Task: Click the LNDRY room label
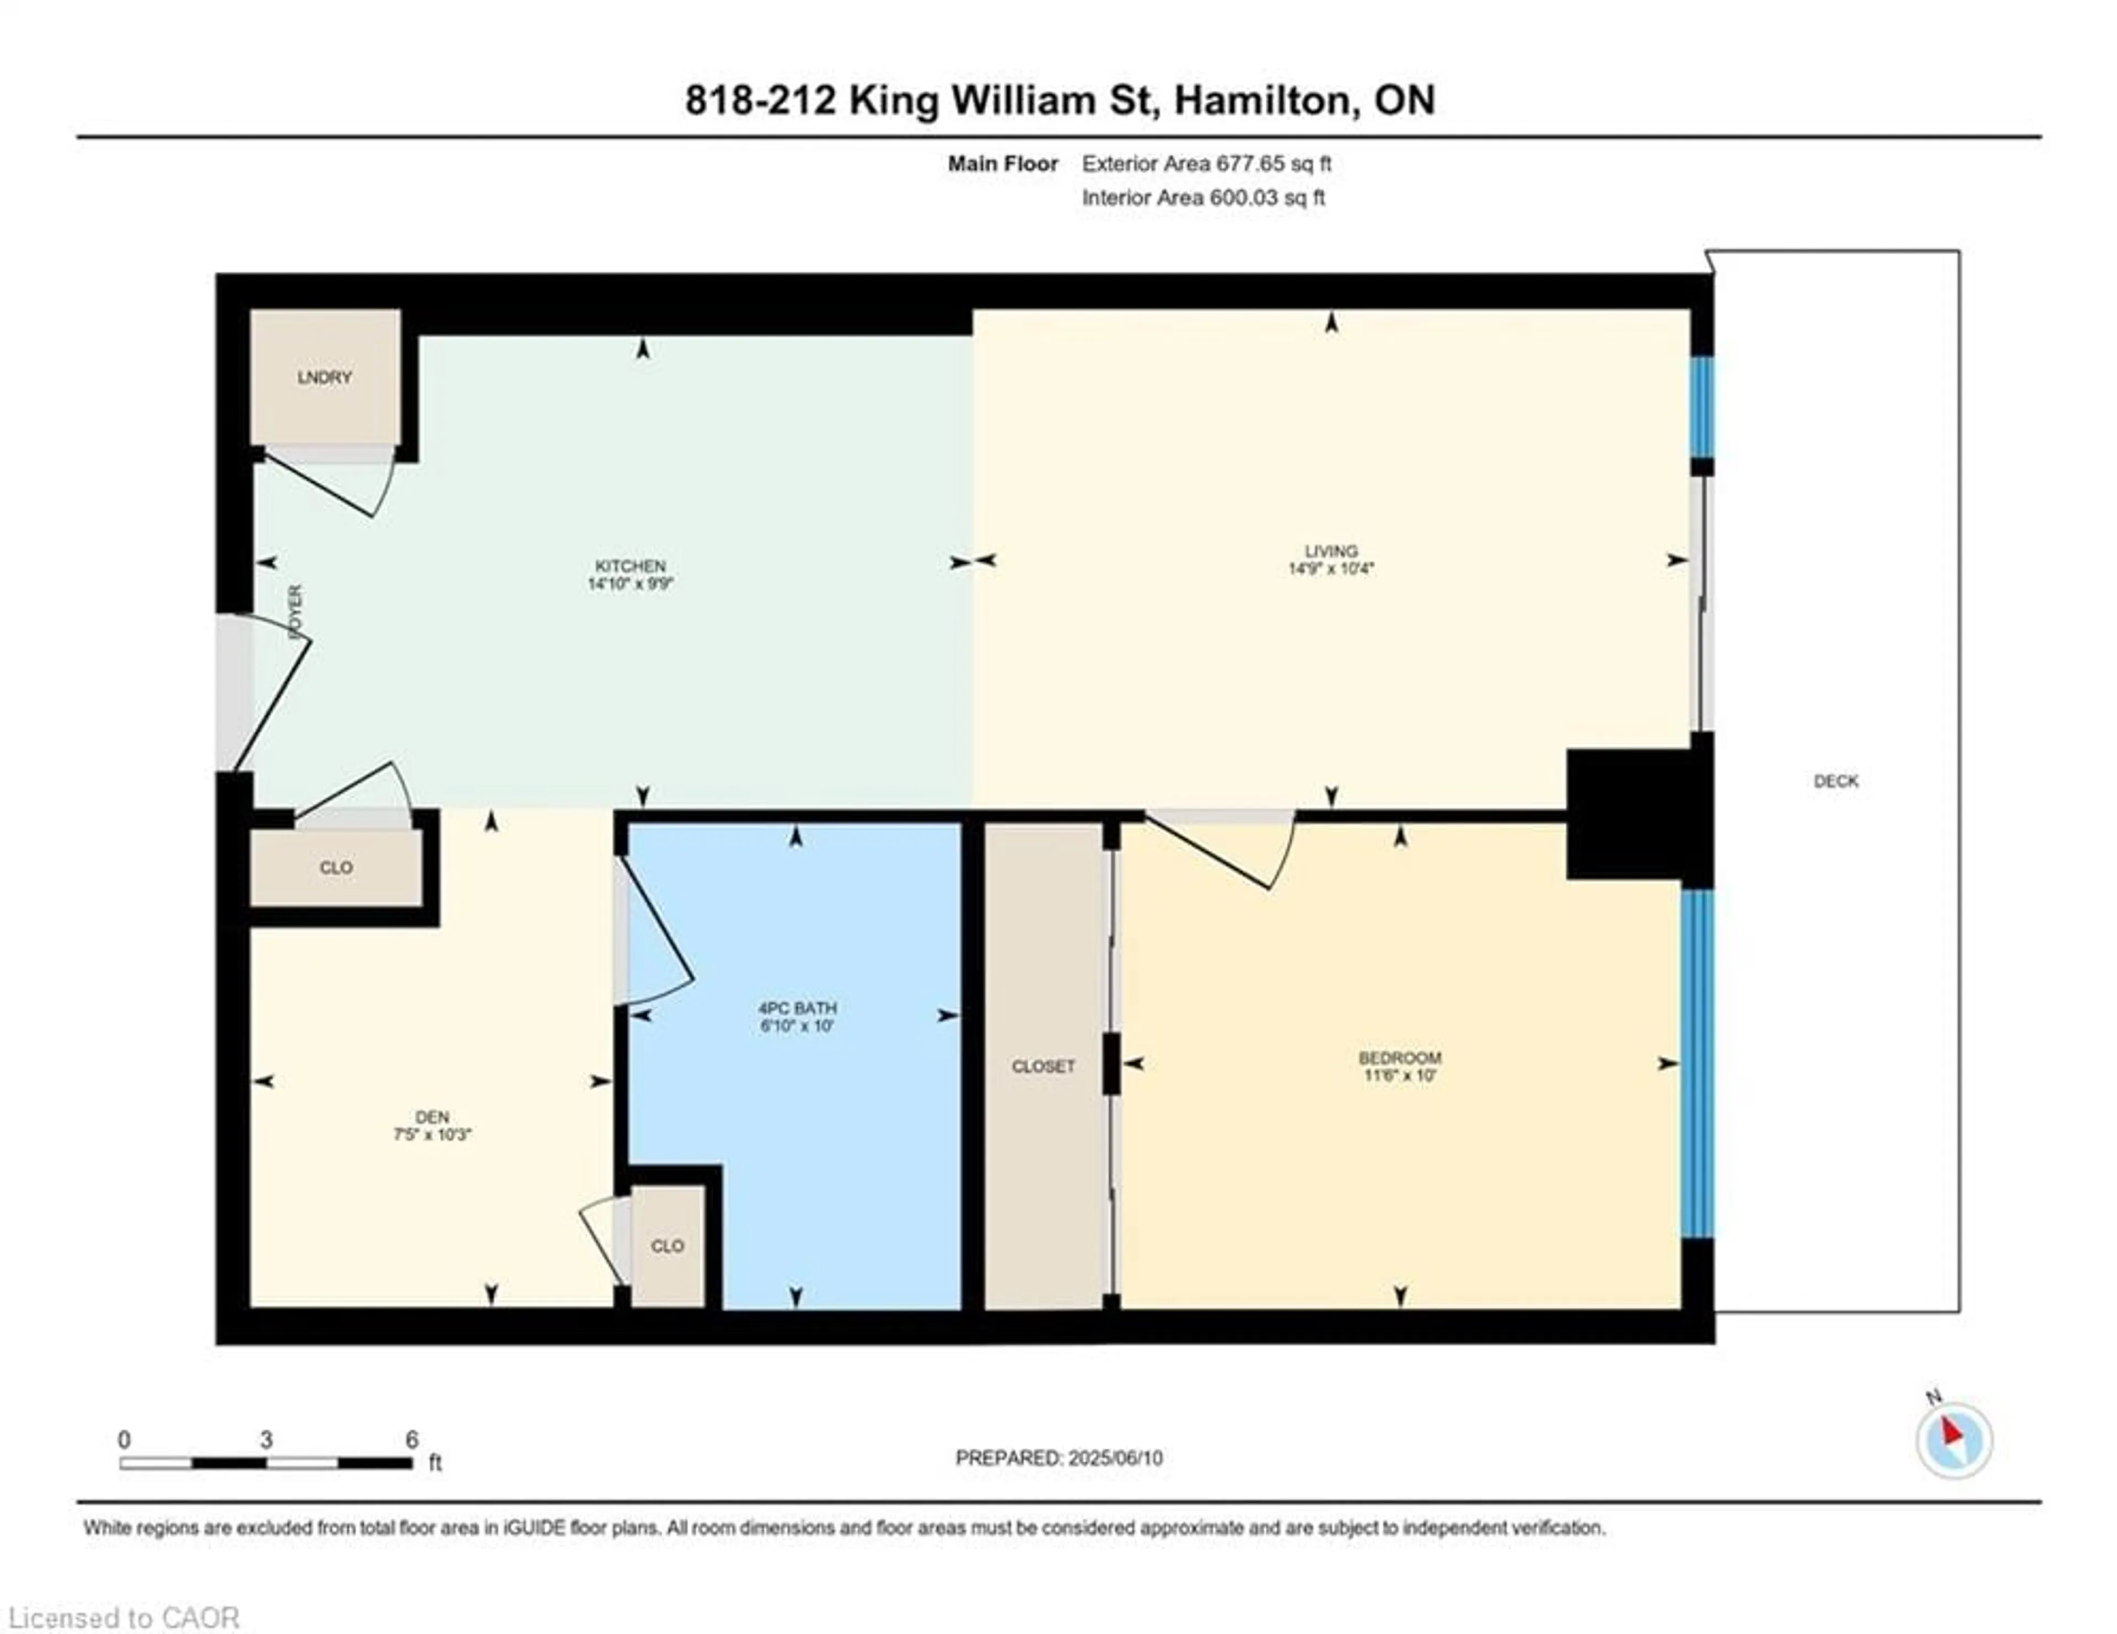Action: point(325,377)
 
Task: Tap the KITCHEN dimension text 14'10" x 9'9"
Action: point(630,583)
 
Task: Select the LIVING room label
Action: point(1331,551)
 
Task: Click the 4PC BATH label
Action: point(797,1007)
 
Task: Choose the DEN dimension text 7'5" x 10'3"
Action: point(432,1134)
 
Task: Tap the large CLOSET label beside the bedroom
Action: point(1043,1066)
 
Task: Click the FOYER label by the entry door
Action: point(295,611)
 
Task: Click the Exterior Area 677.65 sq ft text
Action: point(1206,164)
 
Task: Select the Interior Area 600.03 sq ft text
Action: point(1203,198)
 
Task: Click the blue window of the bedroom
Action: point(1697,1063)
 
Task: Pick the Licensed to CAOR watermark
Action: point(123,1617)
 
